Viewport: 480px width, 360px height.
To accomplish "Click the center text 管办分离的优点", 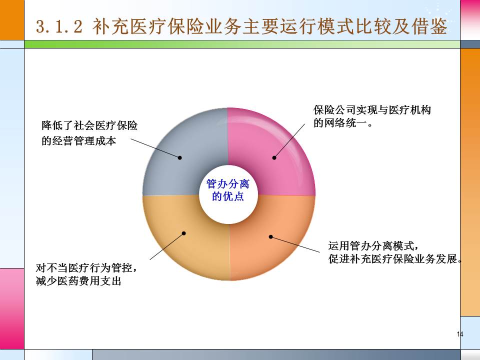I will point(228,190).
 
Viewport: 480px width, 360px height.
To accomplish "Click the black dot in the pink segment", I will point(274,158).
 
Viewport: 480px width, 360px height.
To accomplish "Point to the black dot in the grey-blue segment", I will point(179,157).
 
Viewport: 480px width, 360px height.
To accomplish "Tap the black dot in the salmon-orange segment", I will point(270,236).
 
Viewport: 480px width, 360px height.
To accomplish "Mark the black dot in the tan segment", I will point(184,233).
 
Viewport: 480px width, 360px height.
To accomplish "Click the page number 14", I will point(460,334).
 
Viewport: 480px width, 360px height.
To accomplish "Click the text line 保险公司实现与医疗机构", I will point(372,110).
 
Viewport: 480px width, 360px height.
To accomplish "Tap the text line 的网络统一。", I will point(343,123).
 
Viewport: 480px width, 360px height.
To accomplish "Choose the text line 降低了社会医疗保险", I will point(89,125).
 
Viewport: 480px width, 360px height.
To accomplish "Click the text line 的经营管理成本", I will point(78,141).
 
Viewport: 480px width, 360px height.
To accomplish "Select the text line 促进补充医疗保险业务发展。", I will point(394,259).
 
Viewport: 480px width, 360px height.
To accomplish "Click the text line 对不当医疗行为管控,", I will point(86,268).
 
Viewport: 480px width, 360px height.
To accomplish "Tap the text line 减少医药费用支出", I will point(78,281).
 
